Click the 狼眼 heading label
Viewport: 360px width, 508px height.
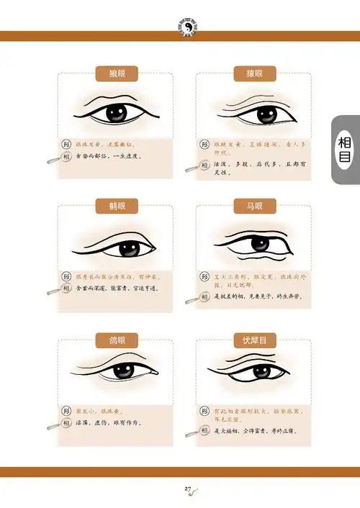115,73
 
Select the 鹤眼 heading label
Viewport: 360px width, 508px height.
115,206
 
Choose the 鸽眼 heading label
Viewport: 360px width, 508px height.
115,339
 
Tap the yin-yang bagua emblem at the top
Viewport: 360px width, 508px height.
186,27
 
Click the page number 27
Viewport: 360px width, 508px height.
188,489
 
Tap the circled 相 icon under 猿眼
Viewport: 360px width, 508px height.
205,164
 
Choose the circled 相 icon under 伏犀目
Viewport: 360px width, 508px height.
205,431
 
